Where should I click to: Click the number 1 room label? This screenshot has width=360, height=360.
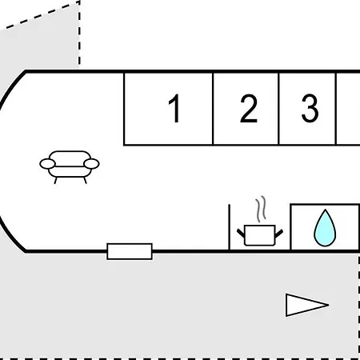pos(174,109)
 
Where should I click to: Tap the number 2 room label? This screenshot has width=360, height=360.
pos(249,109)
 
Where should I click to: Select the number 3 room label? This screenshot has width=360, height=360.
pos(310,109)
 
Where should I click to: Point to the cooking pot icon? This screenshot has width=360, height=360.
pos(260,234)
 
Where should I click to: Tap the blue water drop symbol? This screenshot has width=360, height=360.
pos(325,228)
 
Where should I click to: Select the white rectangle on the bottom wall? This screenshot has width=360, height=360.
pos(130,251)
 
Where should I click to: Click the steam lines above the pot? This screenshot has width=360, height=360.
pos(261,209)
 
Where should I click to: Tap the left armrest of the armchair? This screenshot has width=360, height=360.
pos(48,164)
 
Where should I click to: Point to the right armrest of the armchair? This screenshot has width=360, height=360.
pos(91,164)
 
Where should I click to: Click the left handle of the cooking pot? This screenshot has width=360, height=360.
pos(241,233)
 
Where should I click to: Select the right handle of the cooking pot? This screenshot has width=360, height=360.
pos(278,234)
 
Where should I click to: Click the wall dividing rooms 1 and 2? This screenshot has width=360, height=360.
pos(213,109)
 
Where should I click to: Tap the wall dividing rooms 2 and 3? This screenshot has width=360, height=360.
pos(278,109)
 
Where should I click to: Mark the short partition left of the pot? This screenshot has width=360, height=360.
pos(229,227)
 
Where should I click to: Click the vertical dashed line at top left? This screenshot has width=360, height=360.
pos(79,33)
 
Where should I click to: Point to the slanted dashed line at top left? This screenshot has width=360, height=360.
pos(42,14)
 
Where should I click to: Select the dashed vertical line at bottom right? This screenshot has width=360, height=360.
pos(358,306)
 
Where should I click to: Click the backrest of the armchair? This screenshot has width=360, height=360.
pos(70,155)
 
